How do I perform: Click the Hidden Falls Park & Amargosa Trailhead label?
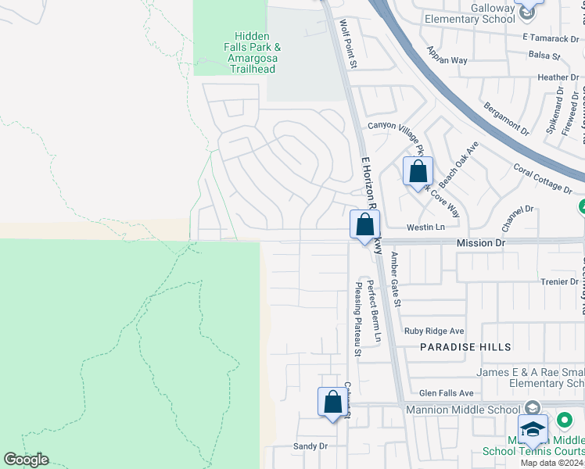(253, 52)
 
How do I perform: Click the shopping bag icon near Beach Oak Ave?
(418, 171)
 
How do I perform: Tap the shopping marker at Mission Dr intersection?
(364, 225)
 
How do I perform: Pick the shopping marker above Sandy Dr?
(332, 402)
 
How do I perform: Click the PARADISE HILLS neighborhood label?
(465, 346)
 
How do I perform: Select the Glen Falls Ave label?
(447, 393)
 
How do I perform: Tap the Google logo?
(26, 460)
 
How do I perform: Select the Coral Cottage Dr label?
(543, 178)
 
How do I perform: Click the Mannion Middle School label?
(461, 410)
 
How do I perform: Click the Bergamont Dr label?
(506, 115)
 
